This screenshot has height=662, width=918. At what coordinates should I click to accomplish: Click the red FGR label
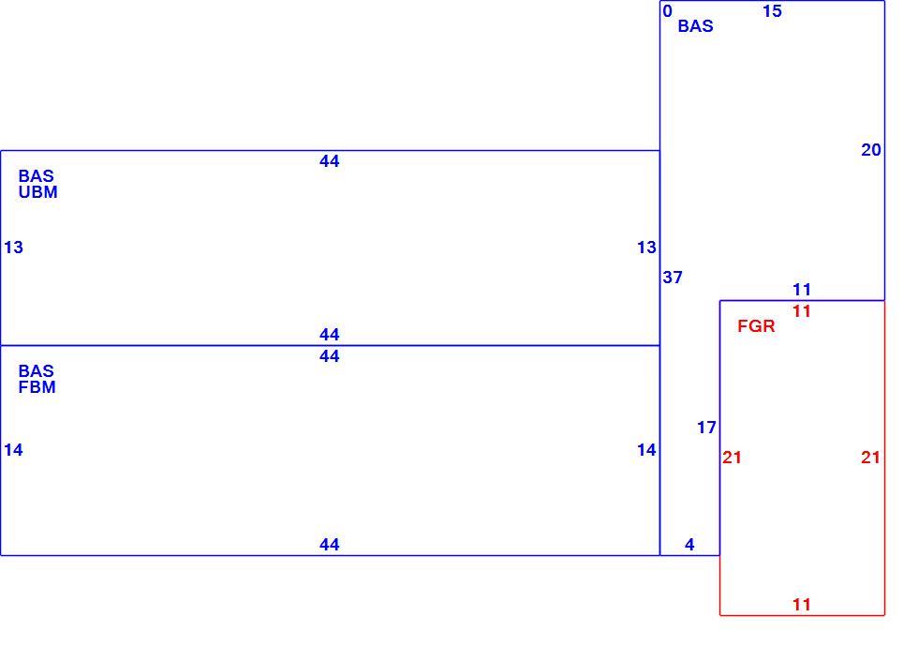(756, 326)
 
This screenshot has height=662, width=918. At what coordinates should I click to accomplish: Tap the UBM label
(38, 192)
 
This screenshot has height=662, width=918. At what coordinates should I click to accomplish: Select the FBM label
(37, 387)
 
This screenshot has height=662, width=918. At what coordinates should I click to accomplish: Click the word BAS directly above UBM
(37, 175)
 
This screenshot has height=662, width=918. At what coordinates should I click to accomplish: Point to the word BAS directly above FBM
(37, 370)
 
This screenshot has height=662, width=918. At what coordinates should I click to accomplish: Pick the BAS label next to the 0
(695, 25)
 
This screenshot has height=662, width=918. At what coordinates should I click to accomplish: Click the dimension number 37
(673, 278)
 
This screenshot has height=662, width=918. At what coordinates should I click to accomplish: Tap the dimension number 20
(871, 150)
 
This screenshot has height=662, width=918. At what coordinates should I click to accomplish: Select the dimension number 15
(772, 11)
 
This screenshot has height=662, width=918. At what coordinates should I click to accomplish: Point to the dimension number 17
(706, 428)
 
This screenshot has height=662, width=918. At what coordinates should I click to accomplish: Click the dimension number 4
(689, 545)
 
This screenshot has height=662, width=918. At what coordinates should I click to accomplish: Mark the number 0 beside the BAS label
(667, 11)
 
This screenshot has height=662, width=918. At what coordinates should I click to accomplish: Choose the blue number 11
(802, 290)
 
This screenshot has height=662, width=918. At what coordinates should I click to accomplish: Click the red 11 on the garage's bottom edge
(802, 605)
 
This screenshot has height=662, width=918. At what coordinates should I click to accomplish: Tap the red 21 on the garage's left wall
(732, 458)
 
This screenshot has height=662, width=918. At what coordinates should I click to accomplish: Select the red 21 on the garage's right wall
(870, 458)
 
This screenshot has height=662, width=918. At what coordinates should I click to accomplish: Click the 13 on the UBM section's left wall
(13, 248)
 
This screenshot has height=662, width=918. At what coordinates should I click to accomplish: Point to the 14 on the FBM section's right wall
(647, 450)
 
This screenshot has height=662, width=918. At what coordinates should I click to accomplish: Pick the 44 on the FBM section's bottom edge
(330, 545)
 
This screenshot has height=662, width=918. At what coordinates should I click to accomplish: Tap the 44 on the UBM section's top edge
(330, 161)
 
